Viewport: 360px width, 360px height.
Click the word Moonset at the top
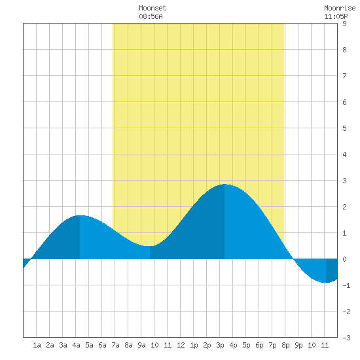[x=153, y=8]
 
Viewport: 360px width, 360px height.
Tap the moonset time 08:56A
[x=151, y=16]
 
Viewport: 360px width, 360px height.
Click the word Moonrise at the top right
[x=340, y=8]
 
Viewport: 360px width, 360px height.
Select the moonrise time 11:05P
[x=336, y=16]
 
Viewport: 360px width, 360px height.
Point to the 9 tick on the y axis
[x=344, y=24]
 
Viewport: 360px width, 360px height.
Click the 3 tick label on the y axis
[x=344, y=181]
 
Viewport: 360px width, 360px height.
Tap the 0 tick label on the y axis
[x=344, y=259]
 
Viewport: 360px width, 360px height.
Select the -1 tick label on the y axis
[x=346, y=285]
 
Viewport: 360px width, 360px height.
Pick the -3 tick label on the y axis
[x=346, y=338]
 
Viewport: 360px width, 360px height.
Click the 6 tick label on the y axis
[x=344, y=102]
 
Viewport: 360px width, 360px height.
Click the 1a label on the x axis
[x=37, y=345]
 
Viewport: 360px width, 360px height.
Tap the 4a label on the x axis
[x=76, y=345]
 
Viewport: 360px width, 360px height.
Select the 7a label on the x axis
[x=115, y=345]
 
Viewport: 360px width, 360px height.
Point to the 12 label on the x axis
[x=181, y=345]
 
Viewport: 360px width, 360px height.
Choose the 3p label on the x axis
[x=220, y=345]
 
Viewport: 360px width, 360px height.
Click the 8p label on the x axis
[x=285, y=345]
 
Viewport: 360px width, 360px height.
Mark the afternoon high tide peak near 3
[x=225, y=184]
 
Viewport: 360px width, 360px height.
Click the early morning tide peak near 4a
[x=80, y=215]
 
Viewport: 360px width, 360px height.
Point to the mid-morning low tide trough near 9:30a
[x=150, y=246]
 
